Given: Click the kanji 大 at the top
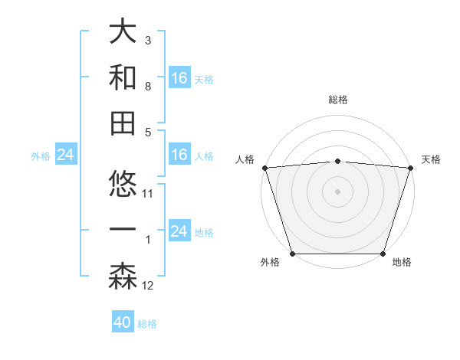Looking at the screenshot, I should click(x=123, y=31).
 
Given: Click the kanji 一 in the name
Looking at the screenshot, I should click(x=123, y=230).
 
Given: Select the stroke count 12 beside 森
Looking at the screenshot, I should click(x=149, y=286).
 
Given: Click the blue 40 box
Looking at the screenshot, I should click(x=123, y=322).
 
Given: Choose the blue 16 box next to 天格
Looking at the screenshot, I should click(x=179, y=77).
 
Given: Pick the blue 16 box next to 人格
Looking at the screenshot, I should click(x=179, y=155).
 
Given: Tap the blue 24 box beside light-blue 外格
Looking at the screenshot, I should click(x=65, y=155).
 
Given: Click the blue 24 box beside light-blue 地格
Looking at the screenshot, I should click(x=179, y=231).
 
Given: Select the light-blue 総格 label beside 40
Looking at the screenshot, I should click(x=148, y=324).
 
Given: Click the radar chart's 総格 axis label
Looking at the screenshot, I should click(x=338, y=100).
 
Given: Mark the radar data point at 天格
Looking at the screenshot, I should click(x=410, y=168).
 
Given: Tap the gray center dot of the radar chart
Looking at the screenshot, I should click(x=337, y=191).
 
